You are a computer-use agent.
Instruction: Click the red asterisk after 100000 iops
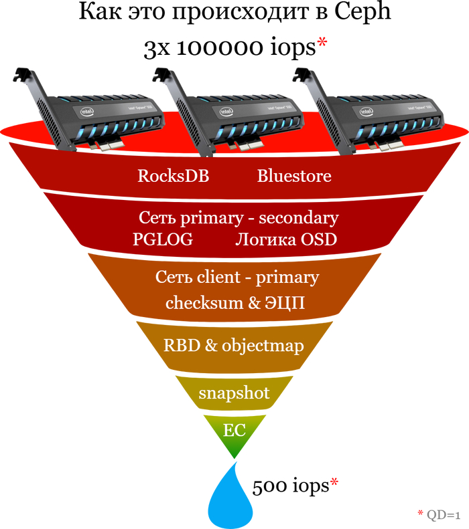(x=322, y=43)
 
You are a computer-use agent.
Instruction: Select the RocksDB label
(x=174, y=176)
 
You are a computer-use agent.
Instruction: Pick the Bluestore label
(x=294, y=176)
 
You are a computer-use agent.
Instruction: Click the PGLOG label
(x=163, y=239)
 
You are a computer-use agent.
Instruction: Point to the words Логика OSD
(x=285, y=239)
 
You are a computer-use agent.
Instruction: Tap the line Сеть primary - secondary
(x=238, y=218)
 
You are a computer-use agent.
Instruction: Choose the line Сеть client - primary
(x=237, y=276)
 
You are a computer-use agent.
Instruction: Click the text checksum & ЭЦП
(x=235, y=302)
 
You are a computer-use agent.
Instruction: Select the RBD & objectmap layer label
(x=234, y=345)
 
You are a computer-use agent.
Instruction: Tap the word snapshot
(x=234, y=393)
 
